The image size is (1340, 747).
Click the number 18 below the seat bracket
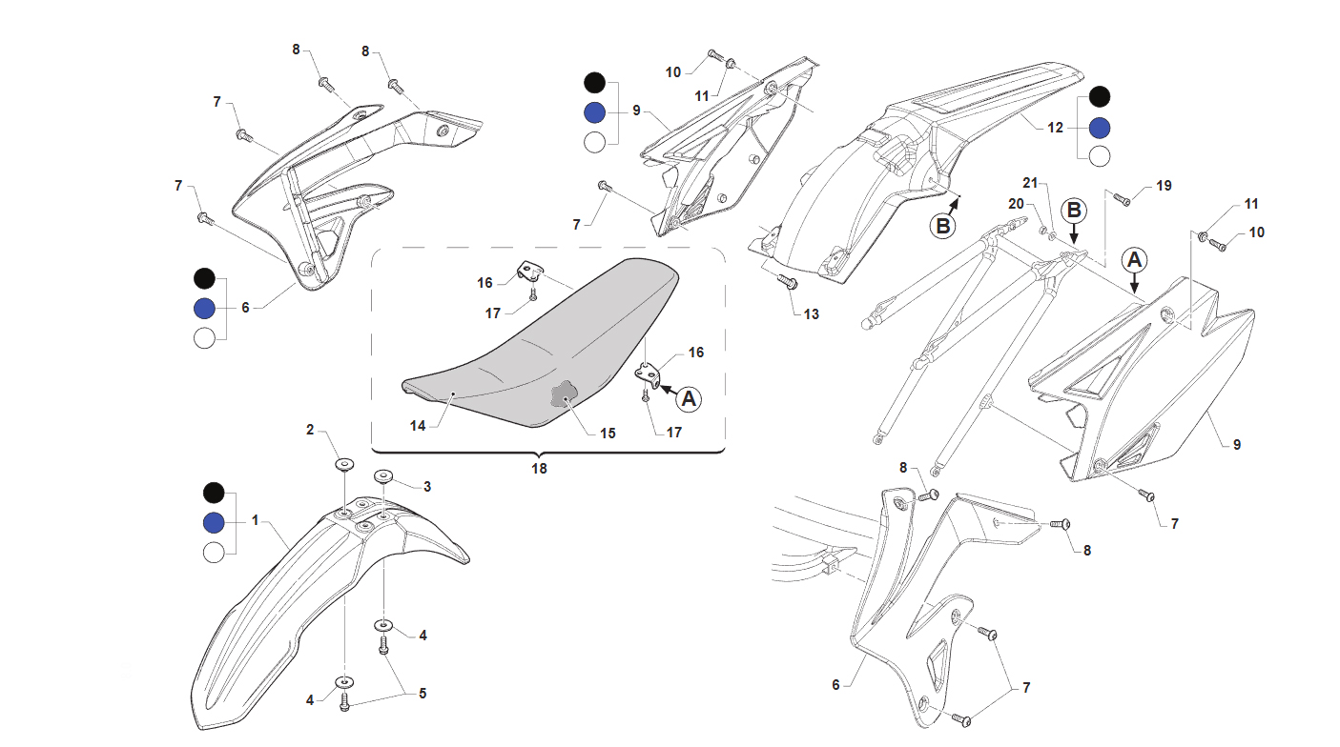[x=539, y=469]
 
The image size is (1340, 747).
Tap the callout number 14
[x=418, y=426]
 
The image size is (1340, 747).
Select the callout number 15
[x=608, y=434]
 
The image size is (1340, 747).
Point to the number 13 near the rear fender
[x=812, y=314]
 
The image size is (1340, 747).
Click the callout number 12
[x=1055, y=128]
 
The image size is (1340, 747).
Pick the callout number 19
[x=1164, y=186]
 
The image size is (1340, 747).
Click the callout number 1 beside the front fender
[x=255, y=520]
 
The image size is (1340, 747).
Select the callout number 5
[x=423, y=694]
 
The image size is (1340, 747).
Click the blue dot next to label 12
[x=1100, y=128]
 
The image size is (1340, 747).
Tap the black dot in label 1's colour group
[x=214, y=493]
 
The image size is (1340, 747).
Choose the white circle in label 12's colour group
[x=1100, y=156]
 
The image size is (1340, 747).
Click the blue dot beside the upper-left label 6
[x=205, y=309]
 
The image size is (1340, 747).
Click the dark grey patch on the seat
[x=563, y=394]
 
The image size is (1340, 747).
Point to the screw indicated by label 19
[x=1123, y=200]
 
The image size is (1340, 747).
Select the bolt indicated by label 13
[x=786, y=281]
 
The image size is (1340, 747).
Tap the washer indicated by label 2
[x=344, y=464]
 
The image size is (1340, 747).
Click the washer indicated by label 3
[x=382, y=475]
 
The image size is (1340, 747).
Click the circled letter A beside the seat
[x=689, y=398]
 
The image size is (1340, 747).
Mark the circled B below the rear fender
[x=942, y=227]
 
